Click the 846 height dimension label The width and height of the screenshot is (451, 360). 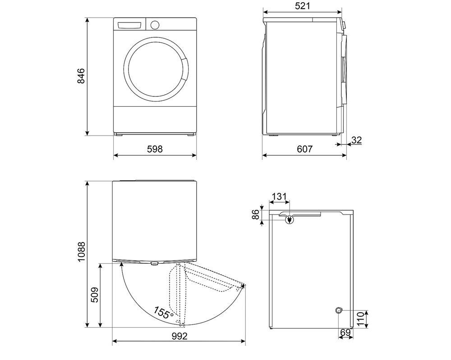(81, 76)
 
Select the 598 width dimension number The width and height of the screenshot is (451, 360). (155, 149)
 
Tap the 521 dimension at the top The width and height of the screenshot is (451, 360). (303, 6)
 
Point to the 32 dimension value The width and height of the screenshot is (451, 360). (356, 140)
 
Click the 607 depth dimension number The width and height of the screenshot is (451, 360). (304, 149)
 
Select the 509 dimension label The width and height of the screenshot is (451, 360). (94, 295)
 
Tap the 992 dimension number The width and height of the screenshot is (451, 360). (179, 336)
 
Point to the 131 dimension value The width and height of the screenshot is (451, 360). (279, 196)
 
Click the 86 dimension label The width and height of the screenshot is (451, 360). (255, 215)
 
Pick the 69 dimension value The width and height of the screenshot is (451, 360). (345, 333)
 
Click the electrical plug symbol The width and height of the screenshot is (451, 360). (289, 220)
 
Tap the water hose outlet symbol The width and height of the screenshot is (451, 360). (339, 310)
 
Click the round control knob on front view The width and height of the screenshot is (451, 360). (155, 24)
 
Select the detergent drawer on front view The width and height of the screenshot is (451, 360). (130, 25)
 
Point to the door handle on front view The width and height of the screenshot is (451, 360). (186, 70)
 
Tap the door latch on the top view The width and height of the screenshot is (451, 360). (154, 263)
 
